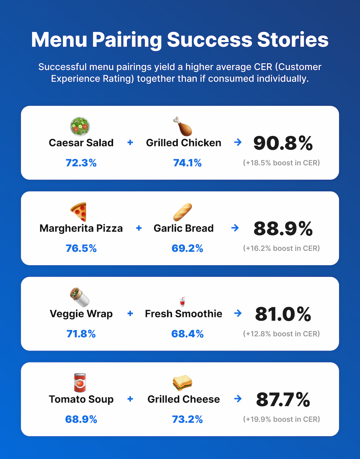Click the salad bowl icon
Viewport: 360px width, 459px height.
tap(80, 126)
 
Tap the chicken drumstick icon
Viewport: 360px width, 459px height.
tap(183, 126)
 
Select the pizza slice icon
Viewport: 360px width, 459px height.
tap(79, 212)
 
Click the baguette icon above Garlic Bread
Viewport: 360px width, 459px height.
tap(183, 212)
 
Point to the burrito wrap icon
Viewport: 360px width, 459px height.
tap(80, 297)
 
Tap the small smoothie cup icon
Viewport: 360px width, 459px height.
tap(183, 302)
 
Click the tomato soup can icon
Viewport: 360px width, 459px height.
tap(80, 383)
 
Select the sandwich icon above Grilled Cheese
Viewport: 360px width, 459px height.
tap(183, 383)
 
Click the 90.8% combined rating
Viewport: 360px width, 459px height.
tap(283, 143)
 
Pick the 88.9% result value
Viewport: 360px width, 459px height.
tap(283, 228)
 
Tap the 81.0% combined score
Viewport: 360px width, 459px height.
tap(283, 314)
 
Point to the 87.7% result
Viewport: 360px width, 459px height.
tap(283, 399)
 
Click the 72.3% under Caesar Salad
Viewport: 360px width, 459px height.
tap(81, 163)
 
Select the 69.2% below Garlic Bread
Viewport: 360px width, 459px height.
tap(187, 248)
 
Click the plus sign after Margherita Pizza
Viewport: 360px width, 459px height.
tap(139, 228)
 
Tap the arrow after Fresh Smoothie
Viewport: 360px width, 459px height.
tap(238, 313)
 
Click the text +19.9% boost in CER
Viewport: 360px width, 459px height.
tap(282, 419)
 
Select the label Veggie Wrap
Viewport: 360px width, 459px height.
tap(81, 313)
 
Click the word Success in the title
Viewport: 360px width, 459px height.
tap(210, 40)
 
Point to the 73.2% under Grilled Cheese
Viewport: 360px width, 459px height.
tap(187, 419)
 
